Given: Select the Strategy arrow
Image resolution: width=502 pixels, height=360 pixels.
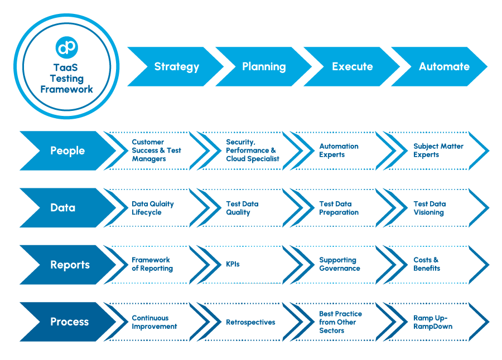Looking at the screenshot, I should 176,67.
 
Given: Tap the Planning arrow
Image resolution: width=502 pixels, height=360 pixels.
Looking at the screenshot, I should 264,67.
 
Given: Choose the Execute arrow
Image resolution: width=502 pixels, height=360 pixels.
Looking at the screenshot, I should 352,67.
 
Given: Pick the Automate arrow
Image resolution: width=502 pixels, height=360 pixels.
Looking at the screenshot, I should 444,67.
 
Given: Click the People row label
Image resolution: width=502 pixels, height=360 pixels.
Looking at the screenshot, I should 67,151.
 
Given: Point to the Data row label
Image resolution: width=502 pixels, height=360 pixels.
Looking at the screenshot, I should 62,208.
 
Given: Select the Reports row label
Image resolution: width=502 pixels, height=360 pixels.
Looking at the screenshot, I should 70,265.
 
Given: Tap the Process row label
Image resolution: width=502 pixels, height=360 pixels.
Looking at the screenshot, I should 69,322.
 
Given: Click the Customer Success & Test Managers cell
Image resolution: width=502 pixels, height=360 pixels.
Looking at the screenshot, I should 156,150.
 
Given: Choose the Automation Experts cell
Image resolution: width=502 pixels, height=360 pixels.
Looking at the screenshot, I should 339,150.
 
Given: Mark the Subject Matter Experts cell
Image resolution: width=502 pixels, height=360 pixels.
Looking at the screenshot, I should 438,150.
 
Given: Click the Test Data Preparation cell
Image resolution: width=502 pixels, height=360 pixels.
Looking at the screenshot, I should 339,208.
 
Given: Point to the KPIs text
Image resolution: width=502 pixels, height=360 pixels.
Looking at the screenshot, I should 233,264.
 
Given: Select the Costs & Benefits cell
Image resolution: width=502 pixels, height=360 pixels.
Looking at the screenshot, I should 427,264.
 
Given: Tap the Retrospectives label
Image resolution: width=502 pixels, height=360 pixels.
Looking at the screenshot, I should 250,322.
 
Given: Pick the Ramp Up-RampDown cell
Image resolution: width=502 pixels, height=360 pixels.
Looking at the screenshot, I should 432,322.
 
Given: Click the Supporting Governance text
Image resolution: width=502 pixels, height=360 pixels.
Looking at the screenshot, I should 339,264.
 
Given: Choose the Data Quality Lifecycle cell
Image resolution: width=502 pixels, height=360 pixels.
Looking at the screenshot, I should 152,208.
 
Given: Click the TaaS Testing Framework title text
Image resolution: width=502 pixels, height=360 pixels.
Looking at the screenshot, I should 66,78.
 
